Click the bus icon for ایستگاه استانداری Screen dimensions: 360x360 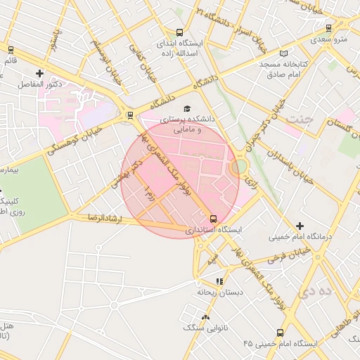pos(213,218)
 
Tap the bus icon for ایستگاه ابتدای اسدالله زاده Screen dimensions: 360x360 pos(179,32)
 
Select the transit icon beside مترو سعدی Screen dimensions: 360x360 pos(330,28)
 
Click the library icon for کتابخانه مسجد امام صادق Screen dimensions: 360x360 pos(283,53)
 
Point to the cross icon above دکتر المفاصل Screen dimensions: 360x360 pos(39,73)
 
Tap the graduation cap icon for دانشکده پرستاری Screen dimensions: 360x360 pos(186,108)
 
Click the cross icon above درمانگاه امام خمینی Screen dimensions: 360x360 pos(300,226)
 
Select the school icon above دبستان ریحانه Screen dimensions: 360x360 pos(219,281)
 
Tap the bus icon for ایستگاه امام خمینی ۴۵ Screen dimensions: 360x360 pos(281,333)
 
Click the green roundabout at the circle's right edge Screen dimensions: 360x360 pos(239,166)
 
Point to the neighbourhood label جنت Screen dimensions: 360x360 pos(298,117)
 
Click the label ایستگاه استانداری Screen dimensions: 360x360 pos(213,230)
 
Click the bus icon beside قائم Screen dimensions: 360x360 pos(11,49)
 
